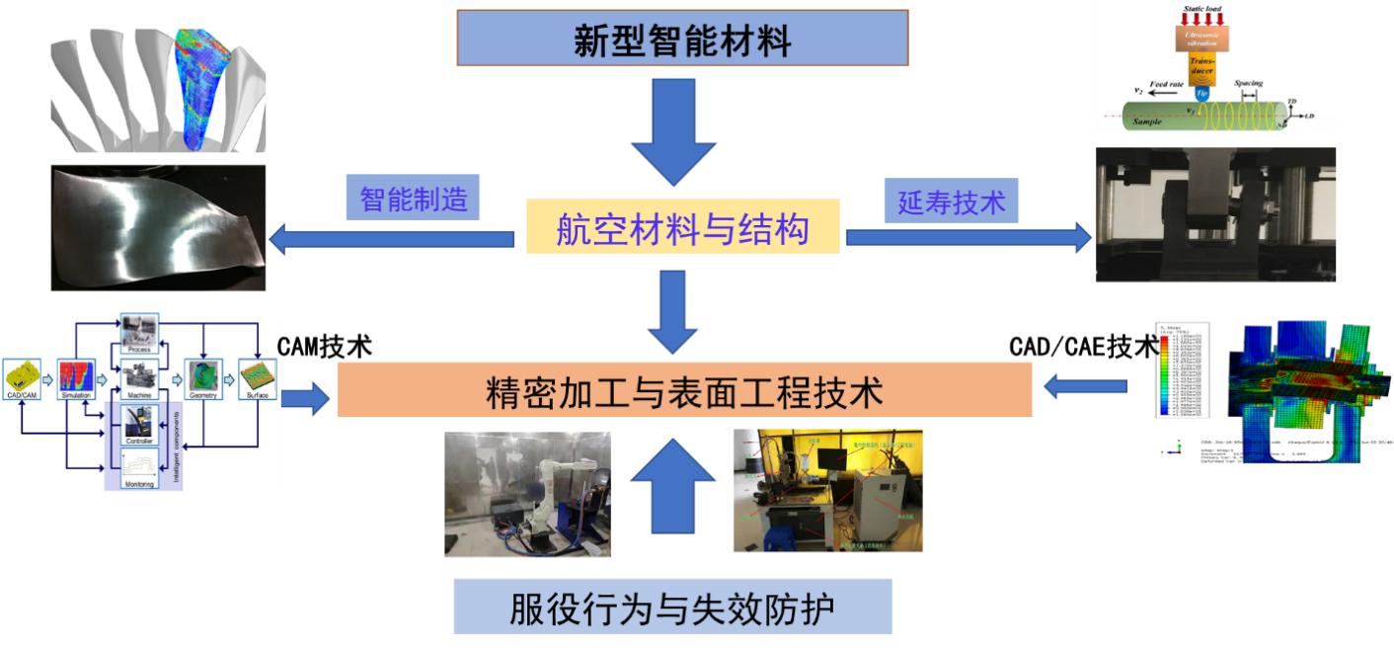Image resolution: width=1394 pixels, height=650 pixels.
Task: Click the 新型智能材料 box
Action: (x=682, y=39)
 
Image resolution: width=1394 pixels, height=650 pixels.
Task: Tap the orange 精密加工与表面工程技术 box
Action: (x=684, y=390)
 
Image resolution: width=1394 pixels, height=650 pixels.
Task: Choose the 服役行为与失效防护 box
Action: (x=672, y=607)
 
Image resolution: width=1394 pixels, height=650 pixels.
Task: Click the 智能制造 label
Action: (x=413, y=199)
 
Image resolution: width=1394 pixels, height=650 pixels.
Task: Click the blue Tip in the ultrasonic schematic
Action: (x=1201, y=94)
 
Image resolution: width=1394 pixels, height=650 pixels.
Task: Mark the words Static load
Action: (x=1201, y=8)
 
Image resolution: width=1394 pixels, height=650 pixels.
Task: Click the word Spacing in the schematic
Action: (x=1248, y=84)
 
